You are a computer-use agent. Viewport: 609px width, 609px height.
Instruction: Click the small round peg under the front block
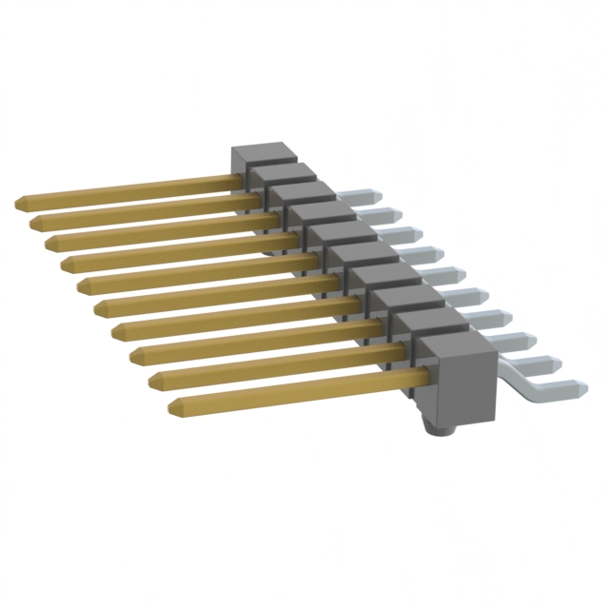click(x=439, y=431)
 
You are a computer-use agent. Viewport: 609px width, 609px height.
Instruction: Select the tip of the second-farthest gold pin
click(x=34, y=222)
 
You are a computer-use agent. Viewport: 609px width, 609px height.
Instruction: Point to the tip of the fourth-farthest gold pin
click(x=65, y=259)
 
